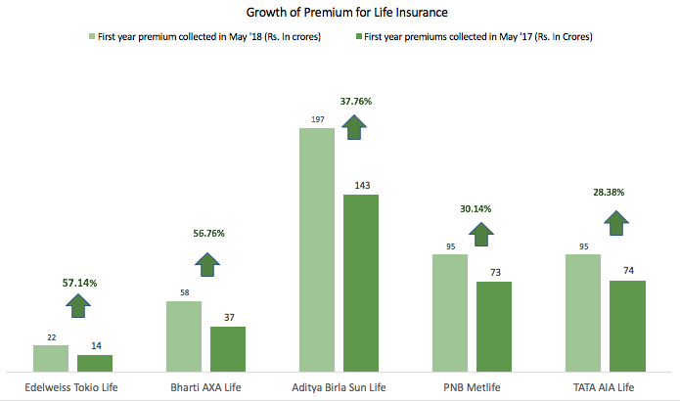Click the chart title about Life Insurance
coord(340,14)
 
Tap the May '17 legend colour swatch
coord(358,37)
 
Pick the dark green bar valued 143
coord(361,283)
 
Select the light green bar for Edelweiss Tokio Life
coord(51,358)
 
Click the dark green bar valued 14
coord(95,363)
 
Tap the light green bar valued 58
coord(184,335)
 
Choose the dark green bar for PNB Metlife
coord(494,326)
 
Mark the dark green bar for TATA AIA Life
coord(627,326)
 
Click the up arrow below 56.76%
coord(207,263)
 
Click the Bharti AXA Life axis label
coord(205,387)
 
